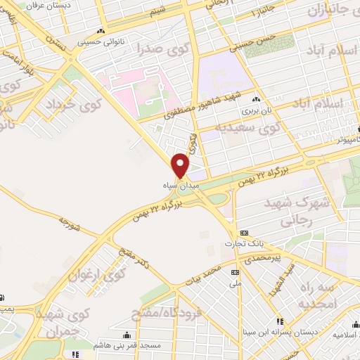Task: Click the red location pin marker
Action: [181, 165]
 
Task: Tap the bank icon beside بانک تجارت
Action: [244, 233]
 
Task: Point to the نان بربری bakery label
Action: [256, 110]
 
